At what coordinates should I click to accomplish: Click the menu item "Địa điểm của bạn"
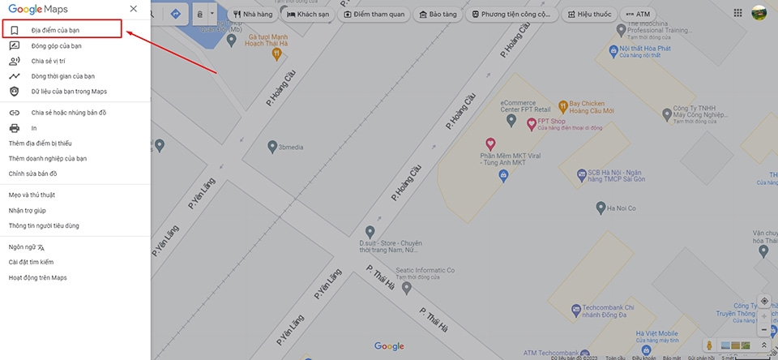click(x=55, y=30)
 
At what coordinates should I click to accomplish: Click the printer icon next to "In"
click(x=14, y=128)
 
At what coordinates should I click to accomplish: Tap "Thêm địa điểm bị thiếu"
click(x=40, y=144)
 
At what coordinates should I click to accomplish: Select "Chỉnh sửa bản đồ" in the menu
click(x=32, y=174)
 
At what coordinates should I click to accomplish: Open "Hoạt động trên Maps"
click(x=37, y=277)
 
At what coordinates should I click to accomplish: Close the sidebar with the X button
click(x=133, y=9)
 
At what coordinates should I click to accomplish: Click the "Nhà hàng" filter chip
click(x=252, y=15)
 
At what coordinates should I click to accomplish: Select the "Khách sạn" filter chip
click(x=308, y=15)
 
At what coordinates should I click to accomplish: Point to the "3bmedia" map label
click(x=289, y=148)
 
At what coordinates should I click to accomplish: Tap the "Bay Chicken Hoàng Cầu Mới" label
click(x=591, y=108)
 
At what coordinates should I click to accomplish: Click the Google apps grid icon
click(x=737, y=14)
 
